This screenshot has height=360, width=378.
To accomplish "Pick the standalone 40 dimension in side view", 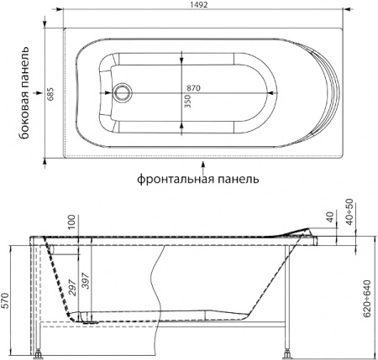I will click(329, 220).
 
